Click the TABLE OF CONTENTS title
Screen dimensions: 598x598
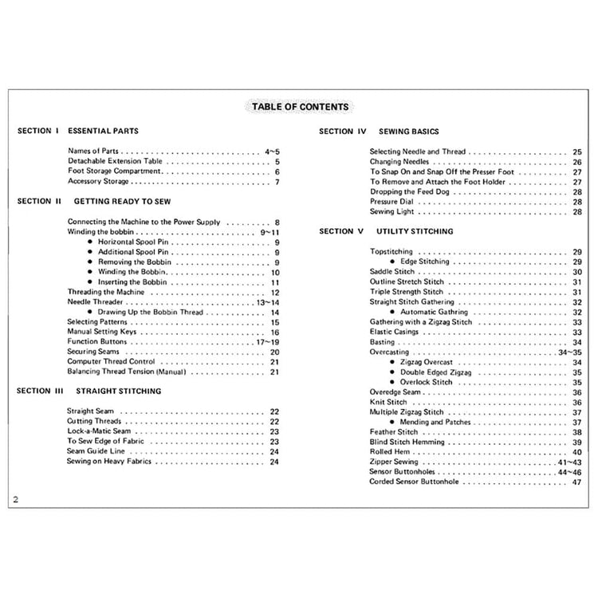click(299, 106)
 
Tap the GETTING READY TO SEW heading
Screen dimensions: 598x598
click(119, 202)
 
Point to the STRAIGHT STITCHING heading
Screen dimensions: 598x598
click(118, 391)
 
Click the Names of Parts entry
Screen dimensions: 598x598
click(94, 151)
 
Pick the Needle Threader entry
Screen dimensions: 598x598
click(94, 302)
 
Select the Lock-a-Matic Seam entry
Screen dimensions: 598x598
click(99, 431)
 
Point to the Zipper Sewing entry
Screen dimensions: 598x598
click(394, 462)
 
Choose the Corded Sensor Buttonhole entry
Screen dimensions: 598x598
click(414, 482)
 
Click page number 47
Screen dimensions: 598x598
click(576, 482)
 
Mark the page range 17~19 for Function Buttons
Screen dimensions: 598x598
click(266, 341)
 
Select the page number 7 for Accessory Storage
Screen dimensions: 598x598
click(277, 182)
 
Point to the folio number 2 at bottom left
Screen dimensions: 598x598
click(16, 500)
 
